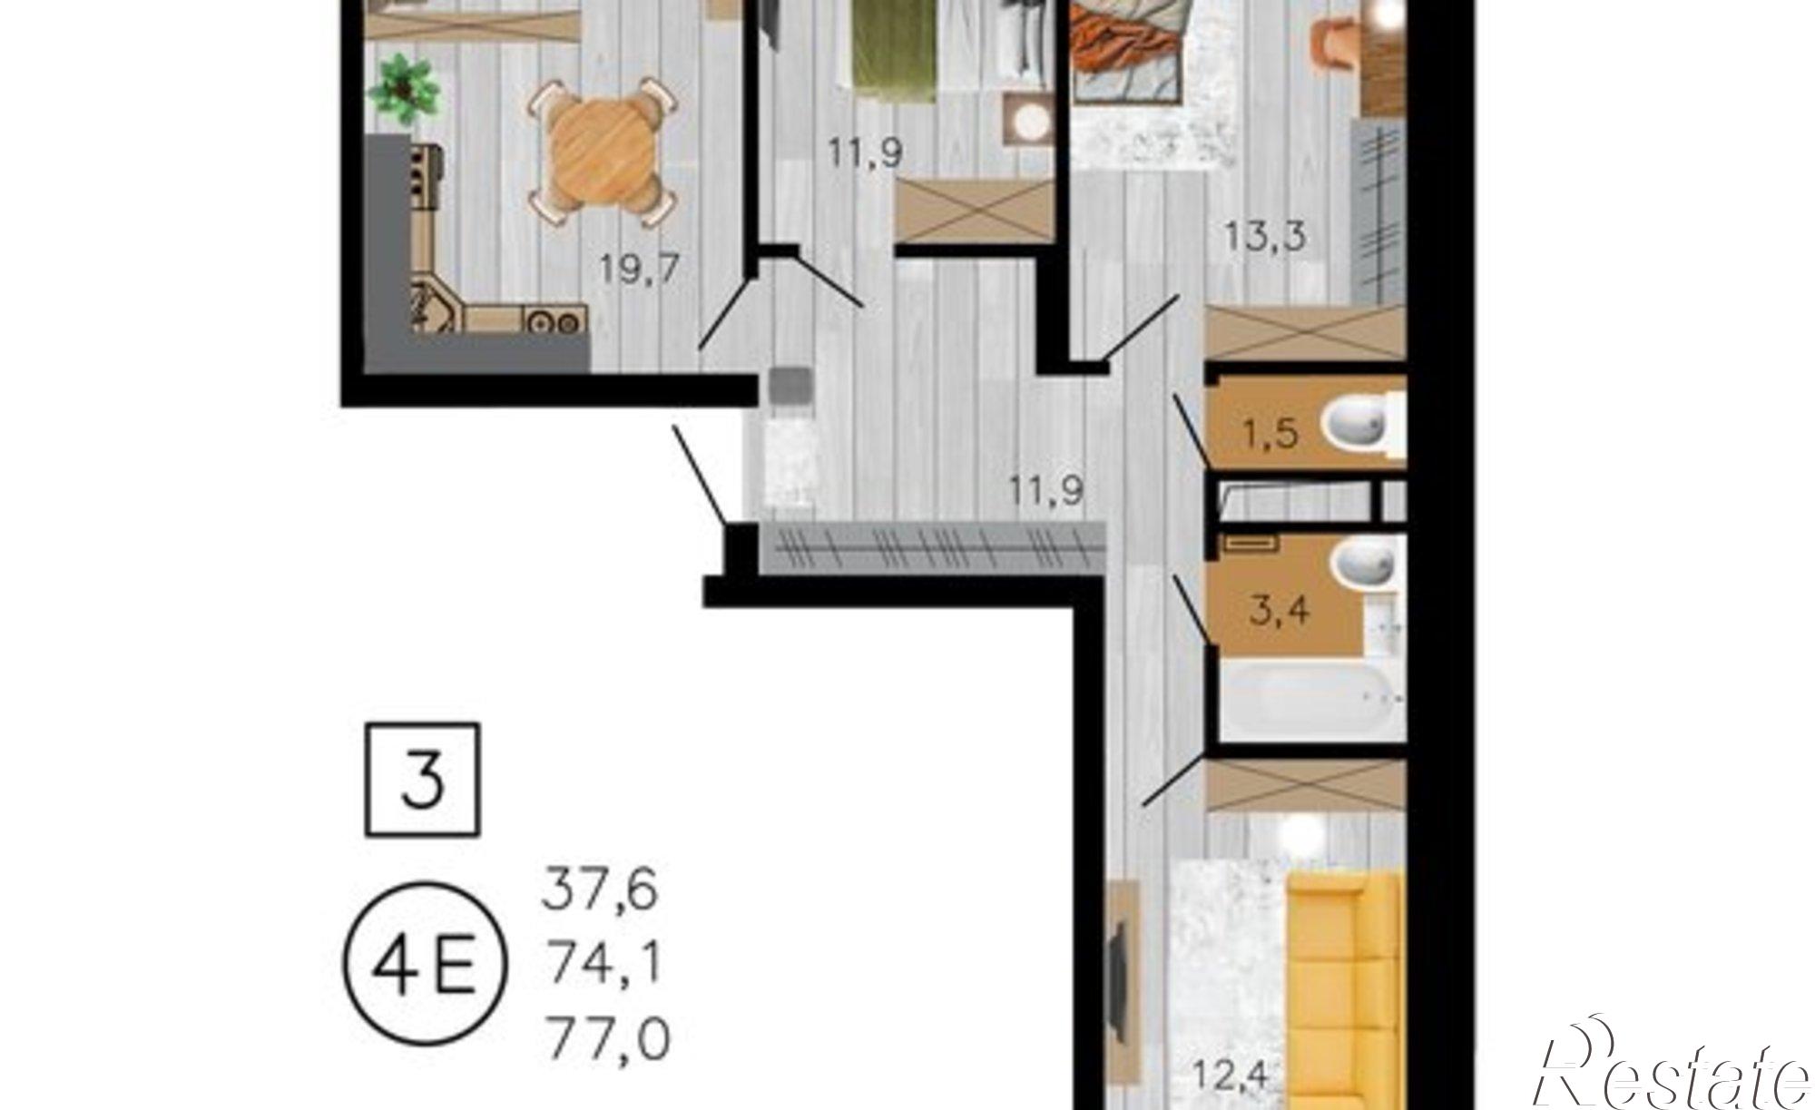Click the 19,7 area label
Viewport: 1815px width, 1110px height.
[x=639, y=270]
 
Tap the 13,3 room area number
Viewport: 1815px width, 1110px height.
[x=1265, y=237]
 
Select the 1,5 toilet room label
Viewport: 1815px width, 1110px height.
[x=1270, y=434]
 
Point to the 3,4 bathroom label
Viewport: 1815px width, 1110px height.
[x=1280, y=610]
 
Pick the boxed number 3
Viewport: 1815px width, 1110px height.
[x=423, y=780]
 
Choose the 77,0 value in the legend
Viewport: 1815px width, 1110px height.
[x=607, y=1040]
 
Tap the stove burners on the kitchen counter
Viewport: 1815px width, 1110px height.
[x=553, y=321]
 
